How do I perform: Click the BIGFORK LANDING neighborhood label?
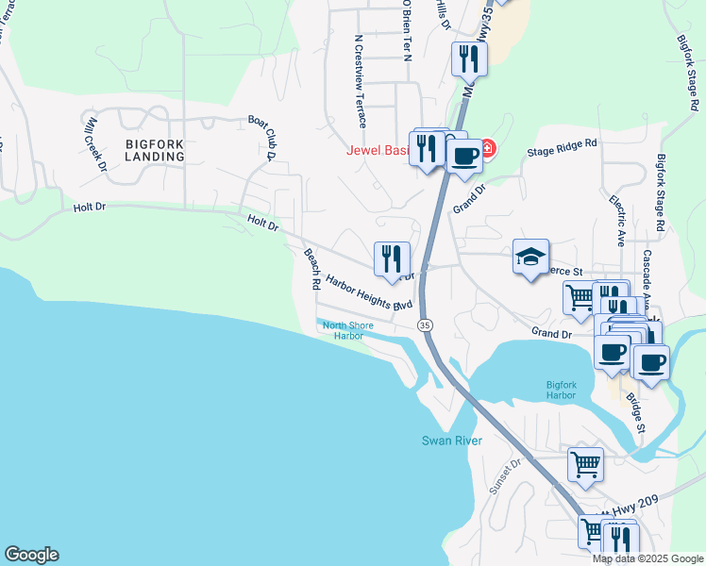point(154,150)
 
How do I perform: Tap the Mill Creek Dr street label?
point(94,144)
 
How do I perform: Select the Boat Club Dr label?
point(261,137)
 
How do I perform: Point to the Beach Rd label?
point(311,269)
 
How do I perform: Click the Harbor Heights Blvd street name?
point(368,292)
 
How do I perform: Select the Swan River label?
point(451,441)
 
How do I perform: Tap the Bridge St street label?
point(635,412)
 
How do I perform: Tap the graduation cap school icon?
point(530,256)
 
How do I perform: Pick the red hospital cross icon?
point(486,148)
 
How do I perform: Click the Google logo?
point(31,555)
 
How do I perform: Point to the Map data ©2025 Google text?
point(647,558)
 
